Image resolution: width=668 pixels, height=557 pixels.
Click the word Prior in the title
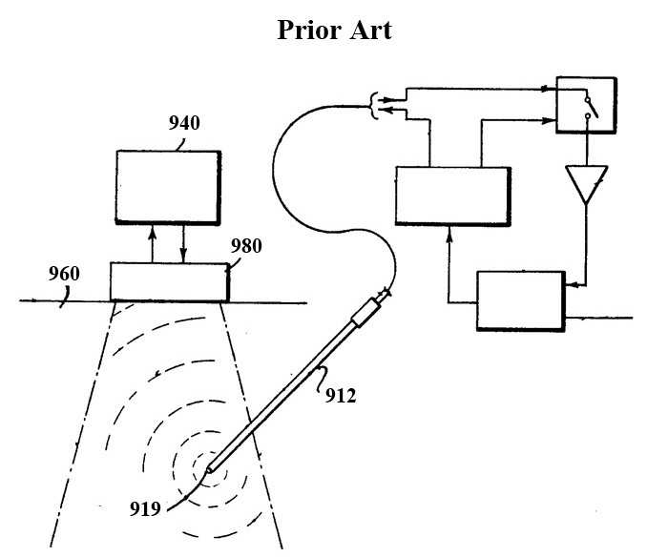(x=309, y=30)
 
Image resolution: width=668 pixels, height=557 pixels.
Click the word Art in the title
(x=370, y=30)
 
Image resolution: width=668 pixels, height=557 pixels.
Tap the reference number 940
(x=184, y=123)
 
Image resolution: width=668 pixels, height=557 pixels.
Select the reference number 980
(x=246, y=246)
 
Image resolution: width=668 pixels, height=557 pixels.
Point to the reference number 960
(x=64, y=274)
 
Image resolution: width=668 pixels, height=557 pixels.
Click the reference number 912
(x=341, y=396)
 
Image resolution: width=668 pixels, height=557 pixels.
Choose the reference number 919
(x=145, y=508)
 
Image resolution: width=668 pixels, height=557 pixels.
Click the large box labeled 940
(x=168, y=187)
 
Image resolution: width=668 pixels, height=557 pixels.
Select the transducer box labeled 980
(x=170, y=282)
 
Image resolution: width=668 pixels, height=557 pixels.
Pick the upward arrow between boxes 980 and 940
(x=152, y=245)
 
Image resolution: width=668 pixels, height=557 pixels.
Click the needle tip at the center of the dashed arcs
(x=209, y=470)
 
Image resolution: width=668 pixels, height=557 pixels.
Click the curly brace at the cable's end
(x=374, y=106)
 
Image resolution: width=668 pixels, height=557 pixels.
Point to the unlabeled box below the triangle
(x=521, y=300)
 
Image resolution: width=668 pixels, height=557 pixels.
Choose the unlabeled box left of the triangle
(x=453, y=196)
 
